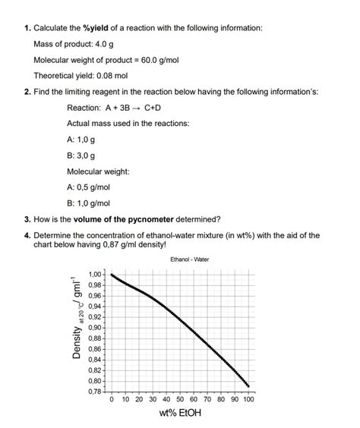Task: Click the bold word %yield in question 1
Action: pyautogui.click(x=94, y=28)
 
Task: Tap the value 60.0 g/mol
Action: pyautogui.click(x=155, y=60)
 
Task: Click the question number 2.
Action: pyautogui.click(x=27, y=91)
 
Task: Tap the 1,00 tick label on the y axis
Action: pyautogui.click(x=95, y=274)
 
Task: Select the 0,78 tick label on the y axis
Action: pyautogui.click(x=95, y=391)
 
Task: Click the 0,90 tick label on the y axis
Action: pyautogui.click(x=95, y=327)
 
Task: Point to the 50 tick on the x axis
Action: pyautogui.click(x=180, y=399)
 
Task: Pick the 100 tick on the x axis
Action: pyautogui.click(x=248, y=399)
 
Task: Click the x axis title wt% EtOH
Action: pyautogui.click(x=180, y=414)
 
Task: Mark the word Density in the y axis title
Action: pyautogui.click(x=77, y=338)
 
